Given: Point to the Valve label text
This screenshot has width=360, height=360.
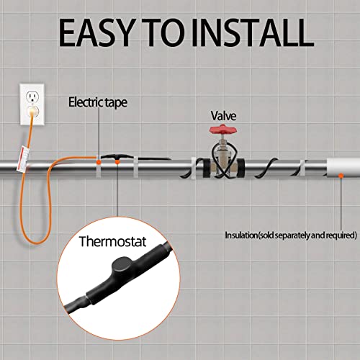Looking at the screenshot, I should (222, 115).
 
